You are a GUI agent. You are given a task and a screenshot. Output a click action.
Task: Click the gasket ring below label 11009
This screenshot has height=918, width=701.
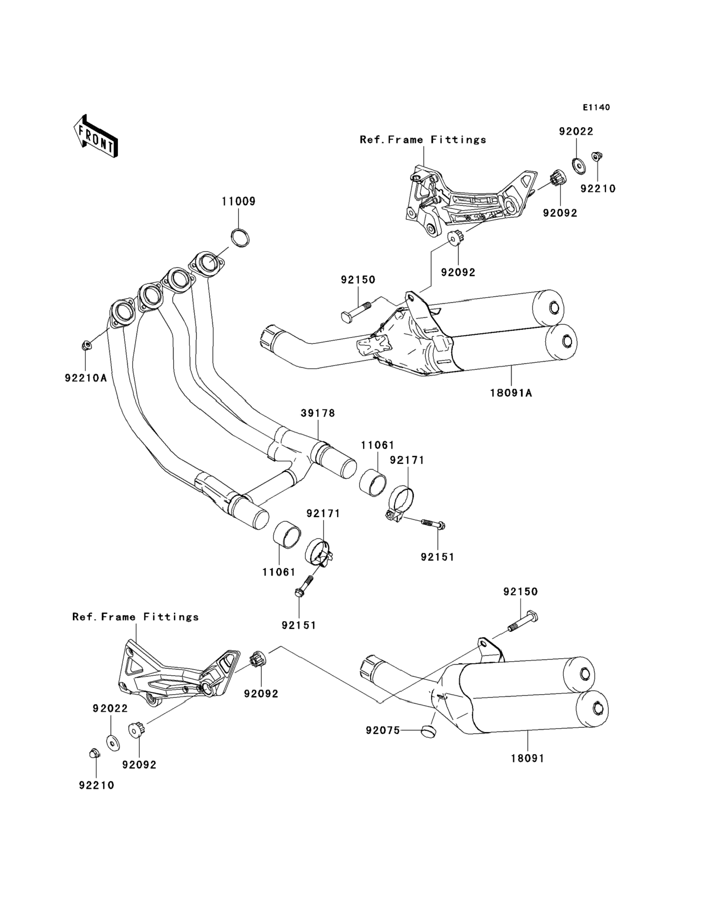[x=241, y=237]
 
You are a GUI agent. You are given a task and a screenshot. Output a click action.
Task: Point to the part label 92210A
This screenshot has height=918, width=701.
[x=86, y=378]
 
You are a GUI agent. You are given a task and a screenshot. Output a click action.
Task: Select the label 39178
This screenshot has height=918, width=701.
[x=318, y=413]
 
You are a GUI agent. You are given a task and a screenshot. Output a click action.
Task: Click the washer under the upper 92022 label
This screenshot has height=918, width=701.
[x=578, y=166]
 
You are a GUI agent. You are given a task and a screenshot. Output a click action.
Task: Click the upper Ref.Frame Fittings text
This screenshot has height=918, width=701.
[x=423, y=140]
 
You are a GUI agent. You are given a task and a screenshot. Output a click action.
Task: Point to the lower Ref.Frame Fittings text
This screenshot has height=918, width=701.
[x=136, y=617]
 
